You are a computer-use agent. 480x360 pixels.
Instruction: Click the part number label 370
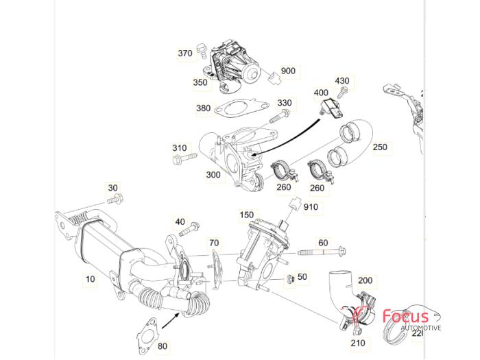pyautogui.click(x=185, y=53)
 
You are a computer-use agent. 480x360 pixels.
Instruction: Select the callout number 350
pyautogui.click(x=200, y=82)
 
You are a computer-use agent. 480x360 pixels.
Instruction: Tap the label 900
pyautogui.click(x=287, y=71)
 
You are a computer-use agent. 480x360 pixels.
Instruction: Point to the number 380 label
pyautogui.click(x=203, y=108)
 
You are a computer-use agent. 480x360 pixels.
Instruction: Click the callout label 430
pyautogui.click(x=341, y=81)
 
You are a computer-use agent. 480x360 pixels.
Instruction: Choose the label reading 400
pyautogui.click(x=321, y=93)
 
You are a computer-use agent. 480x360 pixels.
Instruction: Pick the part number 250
pyautogui.click(x=379, y=147)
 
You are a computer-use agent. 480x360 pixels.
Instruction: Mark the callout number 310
pyautogui.click(x=179, y=148)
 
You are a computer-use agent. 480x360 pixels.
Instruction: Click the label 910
pyautogui.click(x=311, y=206)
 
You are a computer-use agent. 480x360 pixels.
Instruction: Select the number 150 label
pyautogui.click(x=246, y=215)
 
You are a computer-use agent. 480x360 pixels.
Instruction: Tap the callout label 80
pyautogui.click(x=162, y=346)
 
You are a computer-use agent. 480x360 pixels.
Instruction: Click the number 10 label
pyautogui.click(x=90, y=279)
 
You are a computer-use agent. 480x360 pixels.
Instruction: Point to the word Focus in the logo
pyautogui.click(x=406, y=317)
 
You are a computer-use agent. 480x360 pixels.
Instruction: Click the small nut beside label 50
pyautogui.click(x=291, y=278)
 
